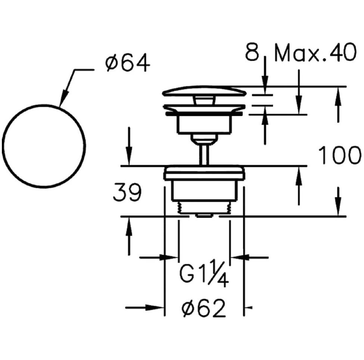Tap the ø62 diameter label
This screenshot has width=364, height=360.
[x=204, y=308]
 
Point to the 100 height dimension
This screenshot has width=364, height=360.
[x=339, y=155]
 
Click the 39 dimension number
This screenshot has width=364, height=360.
[x=127, y=192]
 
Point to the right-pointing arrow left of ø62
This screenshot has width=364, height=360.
[x=144, y=308]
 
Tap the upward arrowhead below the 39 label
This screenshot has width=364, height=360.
[x=129, y=227]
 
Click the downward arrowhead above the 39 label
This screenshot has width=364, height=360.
[x=129, y=156]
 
